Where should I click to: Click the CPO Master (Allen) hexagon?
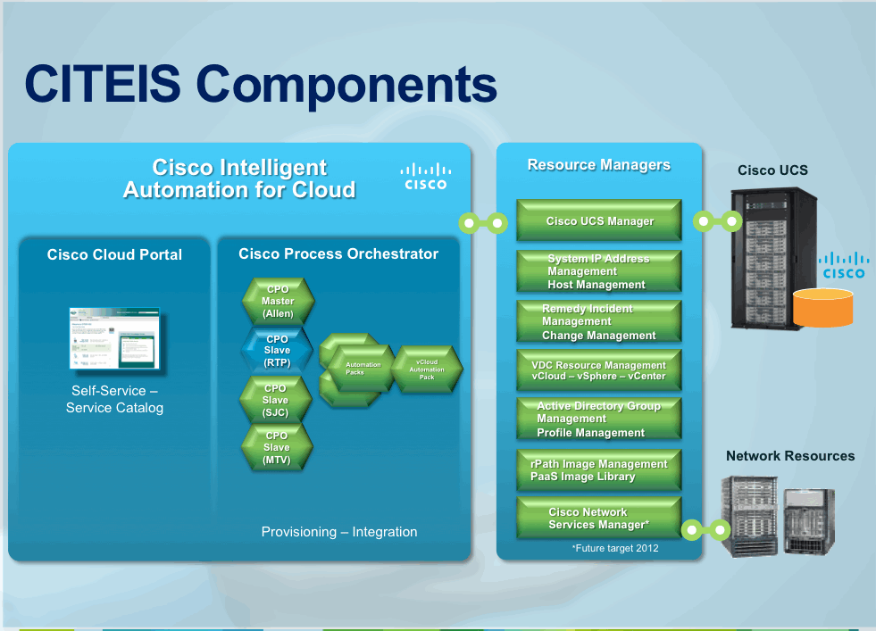279,302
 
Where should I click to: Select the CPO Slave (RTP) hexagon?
277,351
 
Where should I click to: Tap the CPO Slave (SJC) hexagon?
276,400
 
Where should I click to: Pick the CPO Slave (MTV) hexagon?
277,447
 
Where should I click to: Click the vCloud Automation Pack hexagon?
427,369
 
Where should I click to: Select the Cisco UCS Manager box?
599,221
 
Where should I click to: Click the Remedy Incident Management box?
599,322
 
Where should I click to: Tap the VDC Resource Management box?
599,370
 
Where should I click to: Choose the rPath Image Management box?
599,470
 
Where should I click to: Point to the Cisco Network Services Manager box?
599,519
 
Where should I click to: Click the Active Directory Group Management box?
599,419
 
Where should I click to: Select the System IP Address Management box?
599,271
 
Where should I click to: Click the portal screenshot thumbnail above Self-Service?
114,339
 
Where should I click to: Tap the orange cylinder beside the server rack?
823,307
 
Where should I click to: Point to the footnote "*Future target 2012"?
615,548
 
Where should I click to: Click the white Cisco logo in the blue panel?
425,176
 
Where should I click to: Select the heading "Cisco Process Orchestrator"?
338,254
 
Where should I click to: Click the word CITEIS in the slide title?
104,85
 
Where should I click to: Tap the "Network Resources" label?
790,456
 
